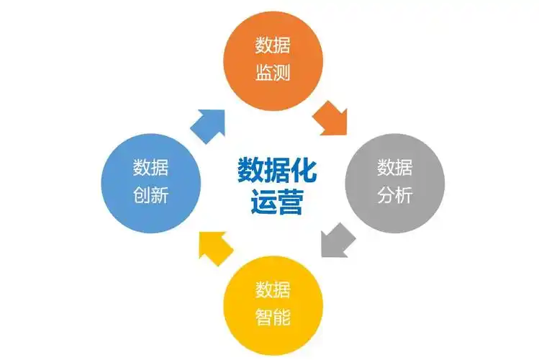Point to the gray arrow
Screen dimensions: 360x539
click(337, 239)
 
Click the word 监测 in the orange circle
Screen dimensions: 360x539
click(273, 73)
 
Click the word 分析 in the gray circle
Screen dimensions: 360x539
click(394, 194)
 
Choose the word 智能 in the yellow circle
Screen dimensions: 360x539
click(273, 316)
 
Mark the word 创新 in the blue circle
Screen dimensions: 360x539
click(150, 194)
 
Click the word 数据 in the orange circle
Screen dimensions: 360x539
click(273, 46)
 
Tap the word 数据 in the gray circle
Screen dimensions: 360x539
click(394, 168)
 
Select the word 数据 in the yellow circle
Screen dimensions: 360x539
click(273, 290)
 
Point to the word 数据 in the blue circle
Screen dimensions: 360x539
click(150, 168)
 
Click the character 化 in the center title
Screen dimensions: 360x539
click(302, 171)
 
